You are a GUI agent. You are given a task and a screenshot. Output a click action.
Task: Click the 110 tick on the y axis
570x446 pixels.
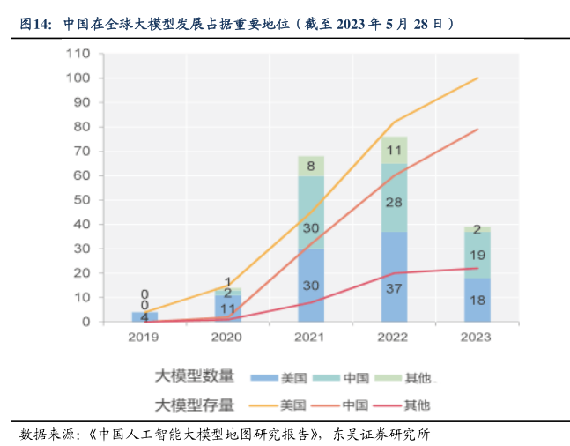point(78,54)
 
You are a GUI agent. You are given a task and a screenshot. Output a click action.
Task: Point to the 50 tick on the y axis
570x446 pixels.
point(82,200)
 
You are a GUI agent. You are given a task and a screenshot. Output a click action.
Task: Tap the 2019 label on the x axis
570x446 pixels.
point(144,338)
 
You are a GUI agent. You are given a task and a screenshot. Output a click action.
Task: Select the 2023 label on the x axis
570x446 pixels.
point(477,338)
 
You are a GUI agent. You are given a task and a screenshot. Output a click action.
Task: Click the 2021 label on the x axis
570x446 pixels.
point(310,338)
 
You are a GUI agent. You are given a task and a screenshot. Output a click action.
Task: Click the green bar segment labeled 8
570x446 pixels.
point(311,166)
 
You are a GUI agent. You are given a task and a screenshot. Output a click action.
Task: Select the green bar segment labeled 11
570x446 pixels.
point(394,150)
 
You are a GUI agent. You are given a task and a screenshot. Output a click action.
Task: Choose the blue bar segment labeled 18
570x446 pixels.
point(477,300)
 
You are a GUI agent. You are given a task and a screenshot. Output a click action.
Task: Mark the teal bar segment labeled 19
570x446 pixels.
point(477,255)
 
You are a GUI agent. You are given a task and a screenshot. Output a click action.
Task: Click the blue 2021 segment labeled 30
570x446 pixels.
point(311,285)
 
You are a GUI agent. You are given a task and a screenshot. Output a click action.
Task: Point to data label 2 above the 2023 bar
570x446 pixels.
point(477,230)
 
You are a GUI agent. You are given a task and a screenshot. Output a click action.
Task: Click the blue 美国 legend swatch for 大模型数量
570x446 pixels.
point(263,378)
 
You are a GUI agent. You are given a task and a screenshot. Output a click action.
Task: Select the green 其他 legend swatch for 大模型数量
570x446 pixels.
point(387,378)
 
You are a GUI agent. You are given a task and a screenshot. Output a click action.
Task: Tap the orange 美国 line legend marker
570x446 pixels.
point(263,405)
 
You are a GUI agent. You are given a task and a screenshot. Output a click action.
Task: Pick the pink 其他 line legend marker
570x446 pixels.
point(387,405)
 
